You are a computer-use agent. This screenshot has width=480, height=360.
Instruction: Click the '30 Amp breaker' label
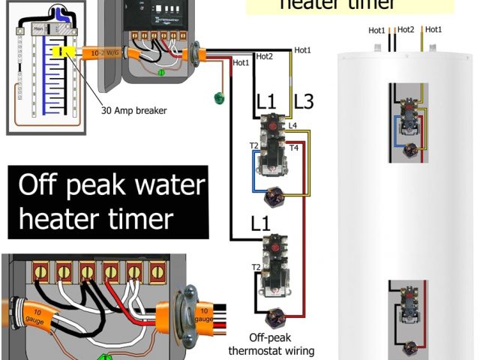[x=133, y=110]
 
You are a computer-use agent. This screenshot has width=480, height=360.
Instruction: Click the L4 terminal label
[x=292, y=124]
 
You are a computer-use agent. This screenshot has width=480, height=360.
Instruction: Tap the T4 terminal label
[x=294, y=148]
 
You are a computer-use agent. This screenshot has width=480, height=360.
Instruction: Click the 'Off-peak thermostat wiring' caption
[x=271, y=344]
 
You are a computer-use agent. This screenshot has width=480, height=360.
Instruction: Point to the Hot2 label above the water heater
[x=406, y=30]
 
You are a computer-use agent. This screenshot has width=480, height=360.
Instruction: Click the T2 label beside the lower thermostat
[x=255, y=267]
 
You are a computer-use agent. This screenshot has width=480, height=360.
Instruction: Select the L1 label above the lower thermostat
[x=261, y=223]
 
